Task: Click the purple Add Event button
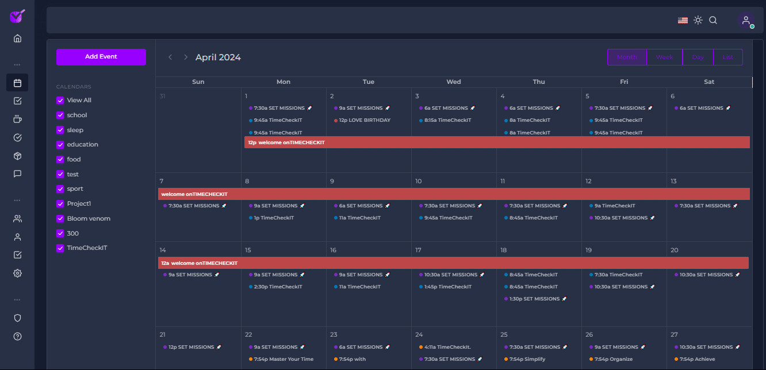point(101,57)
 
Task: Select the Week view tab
point(664,57)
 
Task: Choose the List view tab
point(727,57)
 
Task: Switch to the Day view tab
point(698,57)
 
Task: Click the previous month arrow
point(170,57)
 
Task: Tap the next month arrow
point(186,57)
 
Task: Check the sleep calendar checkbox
point(60,130)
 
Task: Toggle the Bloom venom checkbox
point(60,218)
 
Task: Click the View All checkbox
point(60,100)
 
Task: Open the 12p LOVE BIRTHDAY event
point(364,121)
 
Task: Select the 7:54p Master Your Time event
point(284,360)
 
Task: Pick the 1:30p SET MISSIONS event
point(535,299)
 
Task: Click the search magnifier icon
point(713,20)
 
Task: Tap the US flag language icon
point(683,20)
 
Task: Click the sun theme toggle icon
point(698,20)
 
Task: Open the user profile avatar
point(746,20)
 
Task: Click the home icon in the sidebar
point(17,38)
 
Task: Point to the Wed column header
point(454,82)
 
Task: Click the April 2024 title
point(218,57)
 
